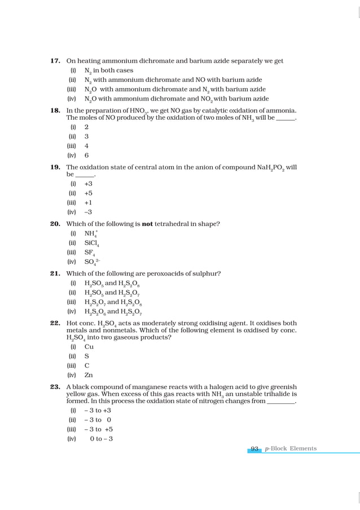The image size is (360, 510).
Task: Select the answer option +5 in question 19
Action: pyautogui.click(x=88, y=193)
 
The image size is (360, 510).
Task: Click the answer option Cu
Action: pyautogui.click(x=89, y=347)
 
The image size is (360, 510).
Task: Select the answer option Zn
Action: pyautogui.click(x=89, y=374)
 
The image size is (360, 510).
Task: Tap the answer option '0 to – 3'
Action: pyautogui.click(x=101, y=439)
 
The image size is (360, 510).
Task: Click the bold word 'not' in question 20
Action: pyautogui.click(x=147, y=224)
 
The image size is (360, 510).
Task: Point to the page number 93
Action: pyautogui.click(x=254, y=449)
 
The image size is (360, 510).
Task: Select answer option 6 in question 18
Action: pyautogui.click(x=86, y=155)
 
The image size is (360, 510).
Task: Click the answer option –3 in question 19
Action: pyautogui.click(x=88, y=212)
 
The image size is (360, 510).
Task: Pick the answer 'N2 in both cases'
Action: pyautogui.click(x=108, y=71)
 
